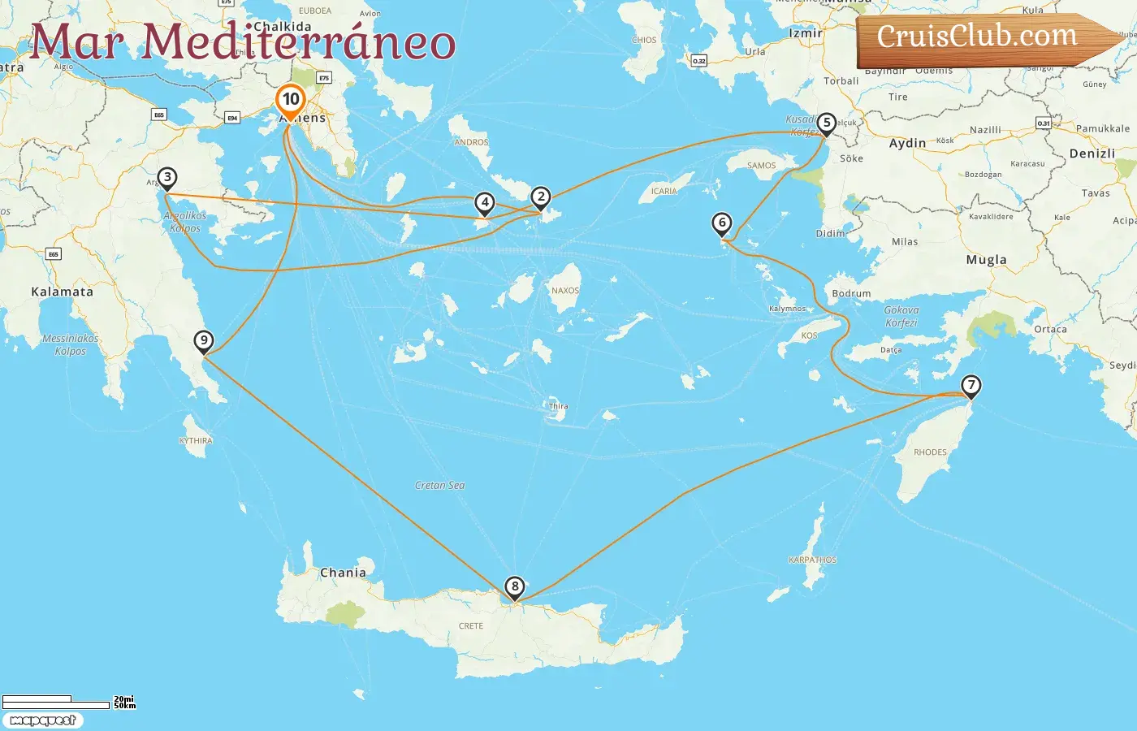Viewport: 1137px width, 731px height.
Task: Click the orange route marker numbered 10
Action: (291, 101)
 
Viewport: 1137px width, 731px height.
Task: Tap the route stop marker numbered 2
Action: (541, 197)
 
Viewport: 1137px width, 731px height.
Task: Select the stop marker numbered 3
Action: (167, 178)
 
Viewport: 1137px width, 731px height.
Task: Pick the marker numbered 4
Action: (485, 203)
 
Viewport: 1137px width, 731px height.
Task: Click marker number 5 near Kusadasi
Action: (827, 123)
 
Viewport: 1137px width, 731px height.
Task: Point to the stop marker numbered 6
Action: (722, 223)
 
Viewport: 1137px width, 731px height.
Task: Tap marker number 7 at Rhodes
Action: (971, 386)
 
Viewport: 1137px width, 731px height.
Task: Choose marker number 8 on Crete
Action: (514, 587)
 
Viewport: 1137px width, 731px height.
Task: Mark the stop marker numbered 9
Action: (204, 341)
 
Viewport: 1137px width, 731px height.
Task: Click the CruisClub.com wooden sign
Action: (983, 38)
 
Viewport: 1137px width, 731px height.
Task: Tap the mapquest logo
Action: (42, 720)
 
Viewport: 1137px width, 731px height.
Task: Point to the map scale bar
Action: (57, 702)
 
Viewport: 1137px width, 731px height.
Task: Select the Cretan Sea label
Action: (440, 486)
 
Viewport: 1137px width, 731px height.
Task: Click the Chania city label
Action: (343, 573)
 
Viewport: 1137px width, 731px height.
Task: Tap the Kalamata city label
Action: (62, 292)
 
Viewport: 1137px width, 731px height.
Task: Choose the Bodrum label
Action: (851, 293)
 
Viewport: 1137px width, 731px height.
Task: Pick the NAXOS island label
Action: (565, 291)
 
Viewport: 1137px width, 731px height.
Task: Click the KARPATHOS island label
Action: (812, 560)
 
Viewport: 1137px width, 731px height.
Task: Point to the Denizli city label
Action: (1092, 154)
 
